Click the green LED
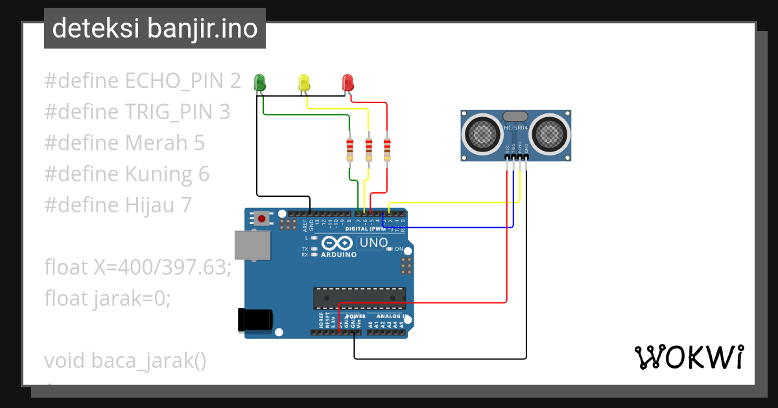pos(260,82)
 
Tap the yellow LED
pos(304,82)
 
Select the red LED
pos(348,82)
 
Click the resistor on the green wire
pos(350,150)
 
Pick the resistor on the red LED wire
pos(388,150)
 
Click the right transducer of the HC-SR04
pos(550,135)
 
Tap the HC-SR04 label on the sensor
pos(516,128)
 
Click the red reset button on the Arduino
pos(261,219)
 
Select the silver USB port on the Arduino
pos(252,245)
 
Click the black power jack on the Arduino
pos(255,320)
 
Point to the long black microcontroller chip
pos(360,298)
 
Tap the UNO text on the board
pos(373,243)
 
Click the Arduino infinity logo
pos(338,243)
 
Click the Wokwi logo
pos(689,357)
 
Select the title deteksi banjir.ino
pos(154,28)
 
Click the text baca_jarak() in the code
pos(148,360)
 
